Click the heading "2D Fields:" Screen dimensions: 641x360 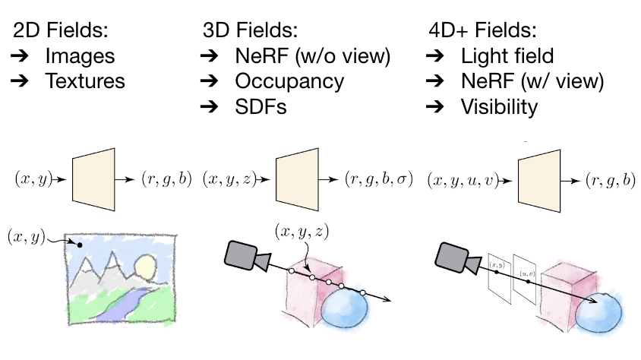coord(61,30)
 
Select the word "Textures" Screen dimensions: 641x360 coord(85,81)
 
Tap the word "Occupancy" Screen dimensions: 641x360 coord(289,82)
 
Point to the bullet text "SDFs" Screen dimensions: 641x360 coord(261,106)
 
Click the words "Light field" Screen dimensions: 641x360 coord(507,55)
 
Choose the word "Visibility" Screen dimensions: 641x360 coord(499,107)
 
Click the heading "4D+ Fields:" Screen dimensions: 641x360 coord(482,30)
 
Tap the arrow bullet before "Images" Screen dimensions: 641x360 coord(20,55)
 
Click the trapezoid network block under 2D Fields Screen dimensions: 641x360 coord(93,179)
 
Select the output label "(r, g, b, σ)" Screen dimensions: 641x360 coord(379,179)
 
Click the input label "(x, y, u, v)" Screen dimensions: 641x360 coord(463,180)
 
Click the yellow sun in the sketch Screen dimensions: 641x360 coord(146,266)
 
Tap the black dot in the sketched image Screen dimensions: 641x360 coord(80,245)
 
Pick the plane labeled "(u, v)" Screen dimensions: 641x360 coord(525,279)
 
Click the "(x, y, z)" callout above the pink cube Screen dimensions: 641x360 coord(302,232)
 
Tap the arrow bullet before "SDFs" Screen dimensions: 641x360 coord(210,106)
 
